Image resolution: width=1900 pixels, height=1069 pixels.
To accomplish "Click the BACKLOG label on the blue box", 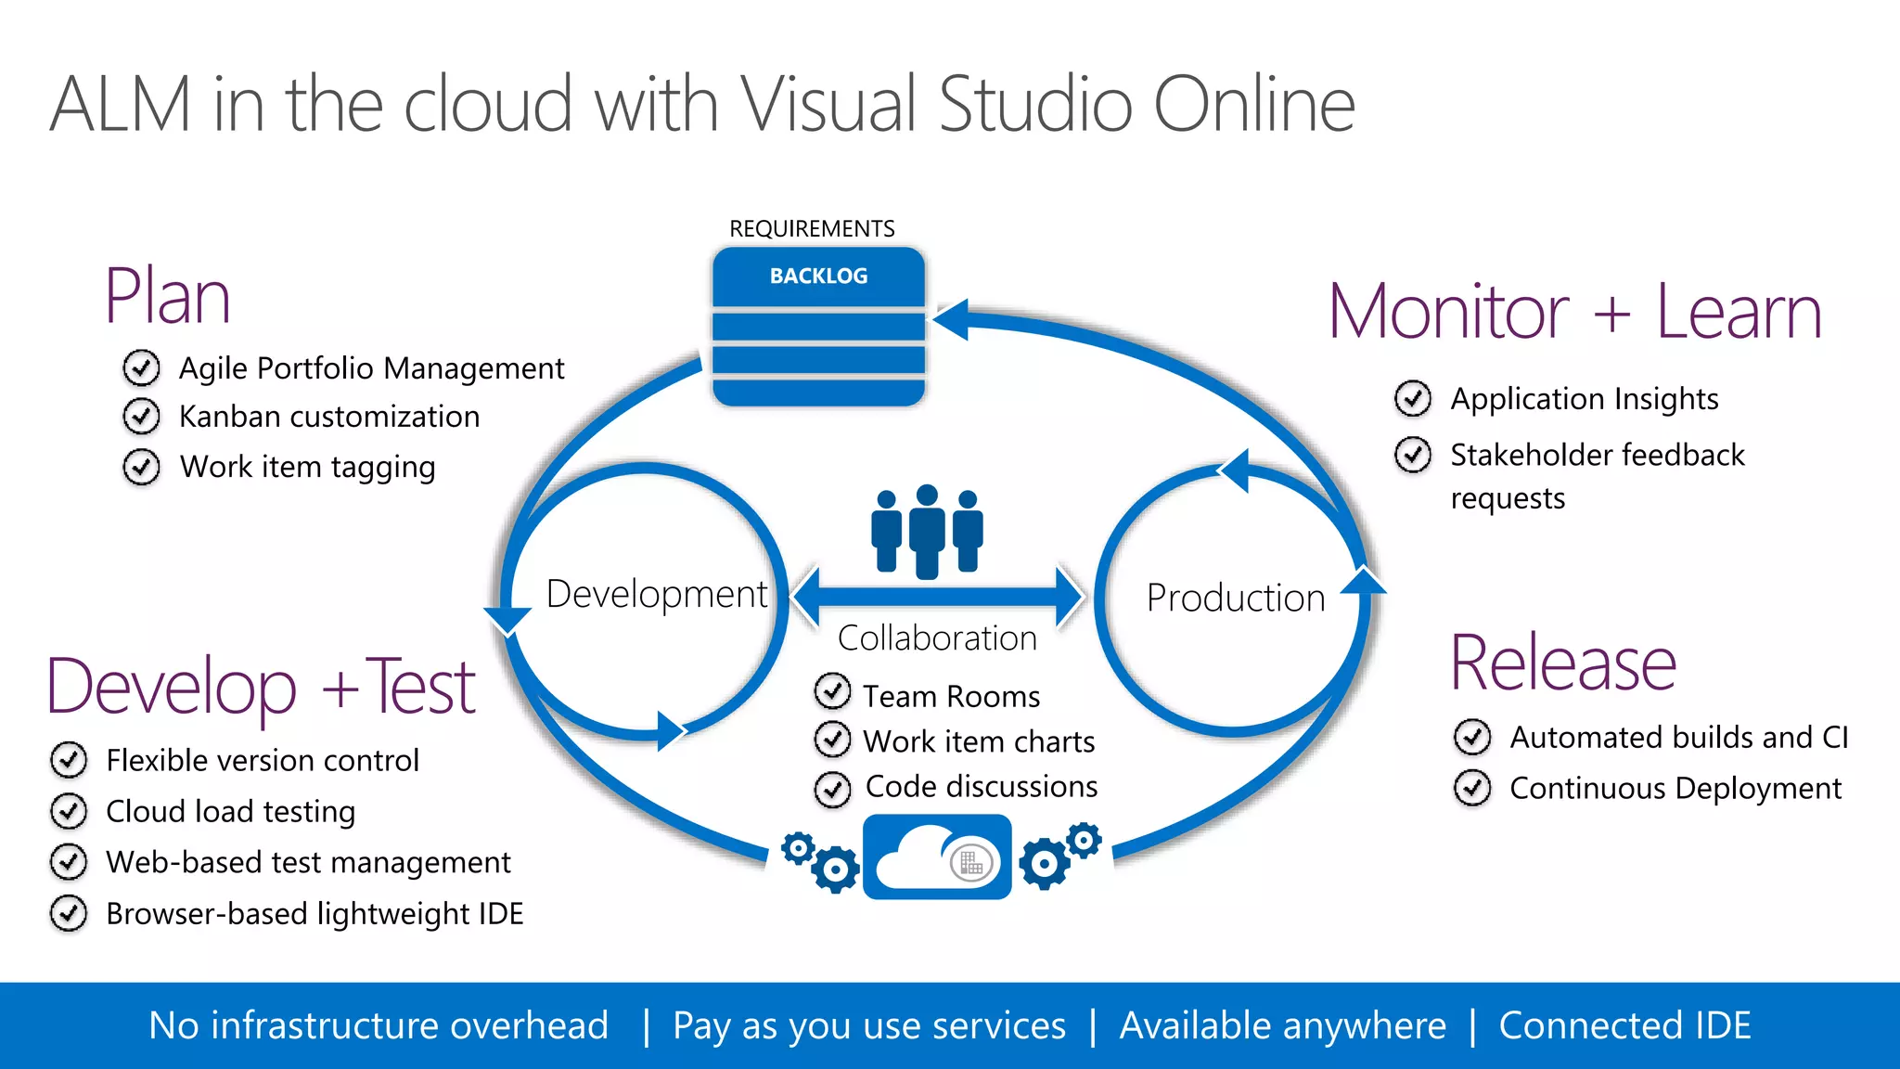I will (818, 276).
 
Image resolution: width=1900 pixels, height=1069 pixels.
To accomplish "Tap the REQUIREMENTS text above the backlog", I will (812, 228).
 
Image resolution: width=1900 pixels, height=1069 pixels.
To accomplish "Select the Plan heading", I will (167, 297).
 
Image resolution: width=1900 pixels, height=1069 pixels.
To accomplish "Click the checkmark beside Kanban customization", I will (141, 417).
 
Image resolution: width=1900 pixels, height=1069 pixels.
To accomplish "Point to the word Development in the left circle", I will (656, 594).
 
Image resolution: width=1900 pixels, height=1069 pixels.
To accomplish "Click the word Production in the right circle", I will (1236, 598).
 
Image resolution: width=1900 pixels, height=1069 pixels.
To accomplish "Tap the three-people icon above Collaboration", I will (927, 531).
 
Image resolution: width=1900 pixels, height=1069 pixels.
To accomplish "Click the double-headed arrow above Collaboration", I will (938, 595).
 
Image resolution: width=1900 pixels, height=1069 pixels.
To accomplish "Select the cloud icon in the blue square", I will (937, 857).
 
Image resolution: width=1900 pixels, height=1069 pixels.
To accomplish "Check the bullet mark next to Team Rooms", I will (832, 691).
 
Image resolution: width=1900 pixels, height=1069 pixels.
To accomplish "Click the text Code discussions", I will (982, 787).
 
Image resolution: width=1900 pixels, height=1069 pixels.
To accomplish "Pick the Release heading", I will (1563, 663).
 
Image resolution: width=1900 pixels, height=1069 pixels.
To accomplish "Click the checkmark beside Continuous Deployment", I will (1472, 789).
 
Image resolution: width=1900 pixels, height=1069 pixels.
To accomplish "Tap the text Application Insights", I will (1585, 399).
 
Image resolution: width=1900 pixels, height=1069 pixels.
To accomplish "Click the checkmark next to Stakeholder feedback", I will (1413, 455).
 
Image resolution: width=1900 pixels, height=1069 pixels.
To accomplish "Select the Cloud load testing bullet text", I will (231, 811).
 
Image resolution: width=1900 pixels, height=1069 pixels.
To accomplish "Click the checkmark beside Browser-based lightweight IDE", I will (69, 913).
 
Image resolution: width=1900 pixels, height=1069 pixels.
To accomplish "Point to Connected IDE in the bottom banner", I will (1624, 1025).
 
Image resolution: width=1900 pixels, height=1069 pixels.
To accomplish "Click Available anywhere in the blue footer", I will (1282, 1025).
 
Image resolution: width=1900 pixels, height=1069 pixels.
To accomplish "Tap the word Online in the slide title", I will (1254, 104).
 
